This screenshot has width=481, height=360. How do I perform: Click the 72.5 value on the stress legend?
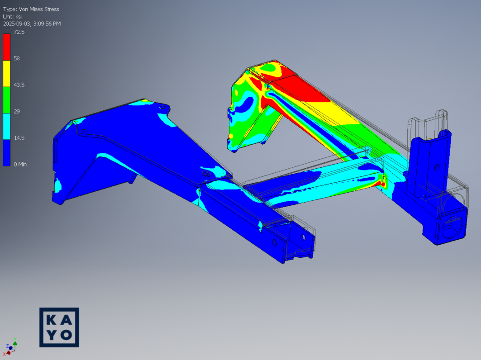[x=19, y=32]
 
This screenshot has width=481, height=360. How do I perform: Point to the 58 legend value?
[x=17, y=58]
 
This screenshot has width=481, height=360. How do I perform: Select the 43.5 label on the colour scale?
[x=19, y=85]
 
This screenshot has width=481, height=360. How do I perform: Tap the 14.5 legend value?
[x=19, y=138]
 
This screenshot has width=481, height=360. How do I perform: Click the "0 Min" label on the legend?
[x=20, y=164]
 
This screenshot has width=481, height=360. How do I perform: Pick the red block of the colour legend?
[x=7, y=47]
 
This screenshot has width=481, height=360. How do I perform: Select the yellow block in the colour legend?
[x=7, y=73]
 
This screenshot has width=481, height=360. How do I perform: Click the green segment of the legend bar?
[x=7, y=99]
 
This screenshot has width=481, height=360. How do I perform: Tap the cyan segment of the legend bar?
[x=7, y=126]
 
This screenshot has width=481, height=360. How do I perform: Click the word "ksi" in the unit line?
[x=19, y=16]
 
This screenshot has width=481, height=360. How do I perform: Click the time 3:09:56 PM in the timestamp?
[x=44, y=24]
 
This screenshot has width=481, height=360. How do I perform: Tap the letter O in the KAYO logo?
[x=66, y=335]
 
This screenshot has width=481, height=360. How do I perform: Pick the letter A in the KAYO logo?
[x=66, y=320]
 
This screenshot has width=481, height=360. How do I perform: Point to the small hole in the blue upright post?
[x=437, y=166]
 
